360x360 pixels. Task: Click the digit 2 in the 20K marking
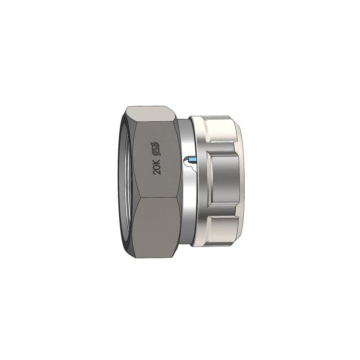coord(158,172)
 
